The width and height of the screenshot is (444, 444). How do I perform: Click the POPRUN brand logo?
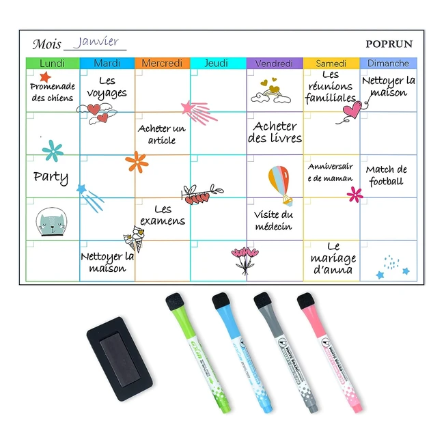[389, 44]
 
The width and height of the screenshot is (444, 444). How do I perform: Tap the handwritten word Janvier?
[96, 42]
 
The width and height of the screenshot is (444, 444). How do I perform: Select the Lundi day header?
[53, 63]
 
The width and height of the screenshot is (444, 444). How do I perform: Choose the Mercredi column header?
[163, 63]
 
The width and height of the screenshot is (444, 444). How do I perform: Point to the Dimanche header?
[388, 63]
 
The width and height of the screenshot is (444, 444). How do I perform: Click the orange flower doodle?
[137, 162]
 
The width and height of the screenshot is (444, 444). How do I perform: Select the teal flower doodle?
[53, 151]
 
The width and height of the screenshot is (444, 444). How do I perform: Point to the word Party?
[51, 178]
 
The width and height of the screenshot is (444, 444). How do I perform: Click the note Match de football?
[386, 176]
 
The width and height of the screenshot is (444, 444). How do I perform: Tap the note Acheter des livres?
[275, 133]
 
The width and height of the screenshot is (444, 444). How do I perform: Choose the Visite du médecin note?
[273, 221]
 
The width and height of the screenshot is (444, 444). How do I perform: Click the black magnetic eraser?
[120, 359]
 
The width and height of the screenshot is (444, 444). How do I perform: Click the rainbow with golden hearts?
[271, 91]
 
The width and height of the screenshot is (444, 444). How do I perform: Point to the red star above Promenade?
[45, 77]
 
